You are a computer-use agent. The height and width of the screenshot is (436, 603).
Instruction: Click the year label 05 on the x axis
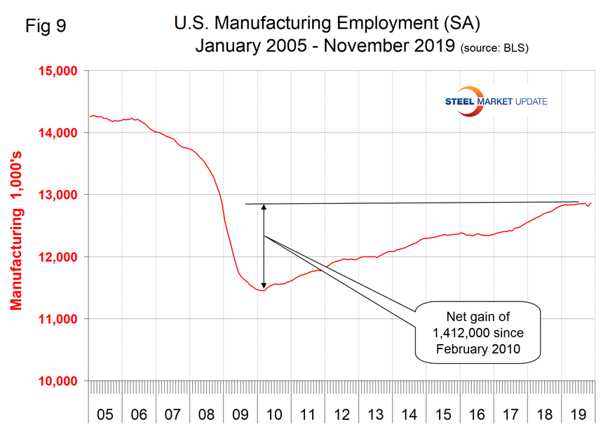coord(105,414)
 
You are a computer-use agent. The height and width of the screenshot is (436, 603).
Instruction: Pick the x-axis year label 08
coord(206,414)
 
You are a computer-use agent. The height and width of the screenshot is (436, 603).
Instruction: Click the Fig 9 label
coord(47,27)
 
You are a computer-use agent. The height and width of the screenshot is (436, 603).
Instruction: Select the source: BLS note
coord(494,48)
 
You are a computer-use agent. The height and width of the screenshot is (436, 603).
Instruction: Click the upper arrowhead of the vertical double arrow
coord(264,207)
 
